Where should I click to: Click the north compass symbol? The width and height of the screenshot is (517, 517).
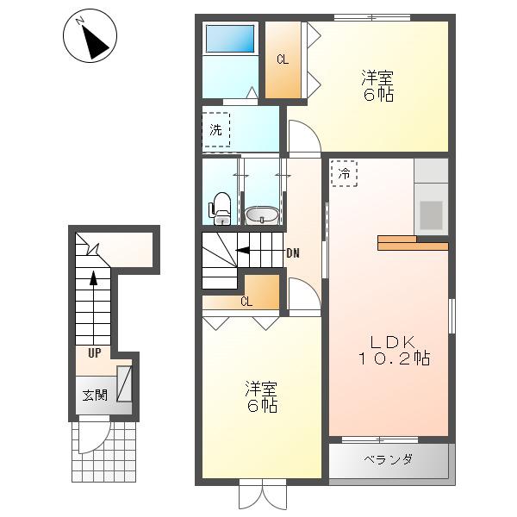pos(90,35)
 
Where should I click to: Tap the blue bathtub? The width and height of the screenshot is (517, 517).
pos(230,39)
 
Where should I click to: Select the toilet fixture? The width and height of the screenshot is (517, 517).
pos(220,209)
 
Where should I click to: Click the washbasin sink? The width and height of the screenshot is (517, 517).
pos(262,215)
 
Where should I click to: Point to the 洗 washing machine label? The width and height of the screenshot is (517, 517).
pos(216,130)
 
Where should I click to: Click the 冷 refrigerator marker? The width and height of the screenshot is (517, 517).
pos(344,173)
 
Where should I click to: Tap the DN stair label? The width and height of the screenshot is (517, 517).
pos(293,253)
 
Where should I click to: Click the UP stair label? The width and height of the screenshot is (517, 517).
pos(95,353)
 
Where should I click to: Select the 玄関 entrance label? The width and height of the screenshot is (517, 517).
pos(95,395)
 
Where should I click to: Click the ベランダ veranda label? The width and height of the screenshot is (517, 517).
pos(389,459)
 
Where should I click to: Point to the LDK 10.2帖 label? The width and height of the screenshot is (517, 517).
pos(394,351)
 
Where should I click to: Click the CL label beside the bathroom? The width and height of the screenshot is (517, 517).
pos(283,59)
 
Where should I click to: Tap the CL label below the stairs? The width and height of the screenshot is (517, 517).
pos(246,302)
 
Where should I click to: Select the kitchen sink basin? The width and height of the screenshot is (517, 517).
pos(431,215)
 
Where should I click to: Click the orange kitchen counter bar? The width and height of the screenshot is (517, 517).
pos(413,243)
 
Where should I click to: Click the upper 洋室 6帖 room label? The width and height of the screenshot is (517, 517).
pos(377,85)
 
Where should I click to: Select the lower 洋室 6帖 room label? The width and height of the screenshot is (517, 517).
pos(261,397)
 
